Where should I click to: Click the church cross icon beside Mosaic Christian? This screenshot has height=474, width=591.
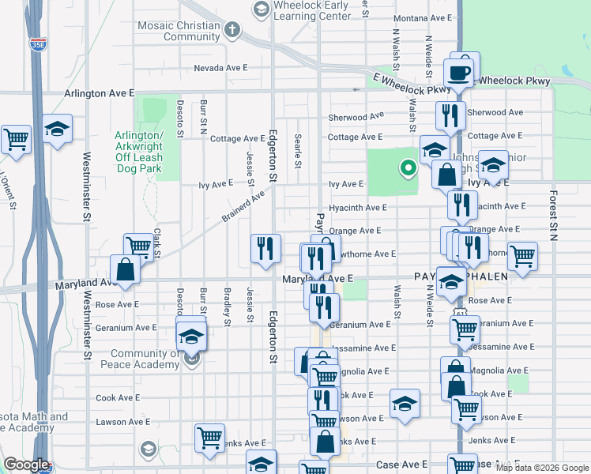[232, 30]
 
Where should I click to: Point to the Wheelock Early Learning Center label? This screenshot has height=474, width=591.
[311, 10]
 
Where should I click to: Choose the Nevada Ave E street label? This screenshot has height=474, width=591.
[221, 68]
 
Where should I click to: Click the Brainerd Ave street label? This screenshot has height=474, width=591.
[243, 205]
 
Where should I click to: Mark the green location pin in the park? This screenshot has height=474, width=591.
[408, 167]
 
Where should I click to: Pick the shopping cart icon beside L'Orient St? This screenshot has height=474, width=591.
[16, 139]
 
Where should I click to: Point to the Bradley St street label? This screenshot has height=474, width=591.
[227, 311]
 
